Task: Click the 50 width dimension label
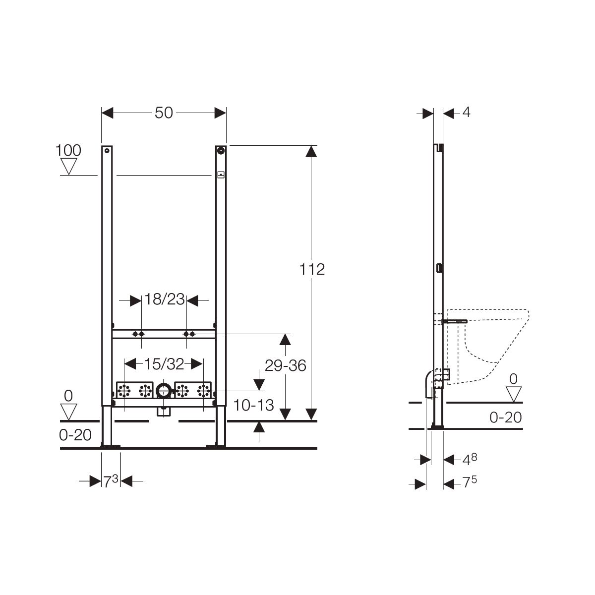click(x=164, y=113)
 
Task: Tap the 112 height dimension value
click(x=312, y=269)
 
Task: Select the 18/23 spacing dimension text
click(x=164, y=299)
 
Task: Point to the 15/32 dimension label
click(x=164, y=364)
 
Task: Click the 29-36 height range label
click(x=285, y=365)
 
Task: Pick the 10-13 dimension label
click(x=253, y=405)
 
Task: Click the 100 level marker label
click(x=68, y=150)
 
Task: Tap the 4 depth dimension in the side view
click(x=466, y=112)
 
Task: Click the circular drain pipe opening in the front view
click(x=163, y=391)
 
